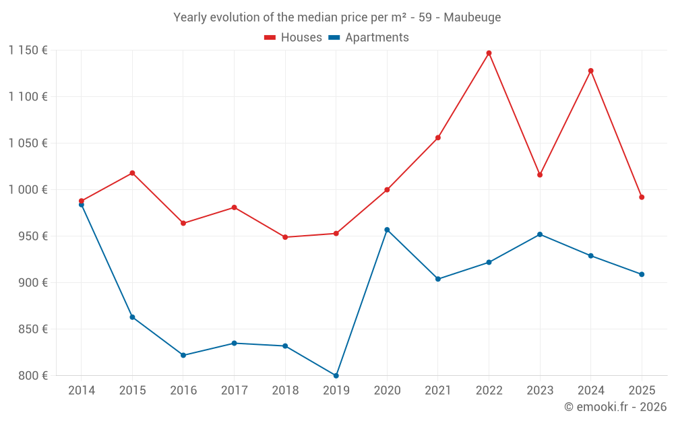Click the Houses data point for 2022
click(489, 53)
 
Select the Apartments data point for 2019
click(336, 375)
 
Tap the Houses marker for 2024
click(591, 71)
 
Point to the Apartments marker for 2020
click(387, 230)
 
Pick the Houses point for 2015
click(132, 173)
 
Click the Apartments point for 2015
click(132, 317)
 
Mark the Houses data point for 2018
click(285, 237)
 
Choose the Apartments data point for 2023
click(540, 234)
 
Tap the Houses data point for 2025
click(642, 197)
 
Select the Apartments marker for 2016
click(183, 355)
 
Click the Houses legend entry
click(293, 38)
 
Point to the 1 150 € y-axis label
click(28, 51)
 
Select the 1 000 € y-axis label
click(28, 190)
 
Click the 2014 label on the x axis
click(82, 391)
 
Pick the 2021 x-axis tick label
click(438, 391)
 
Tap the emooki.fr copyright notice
click(615, 407)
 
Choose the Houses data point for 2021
click(438, 138)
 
